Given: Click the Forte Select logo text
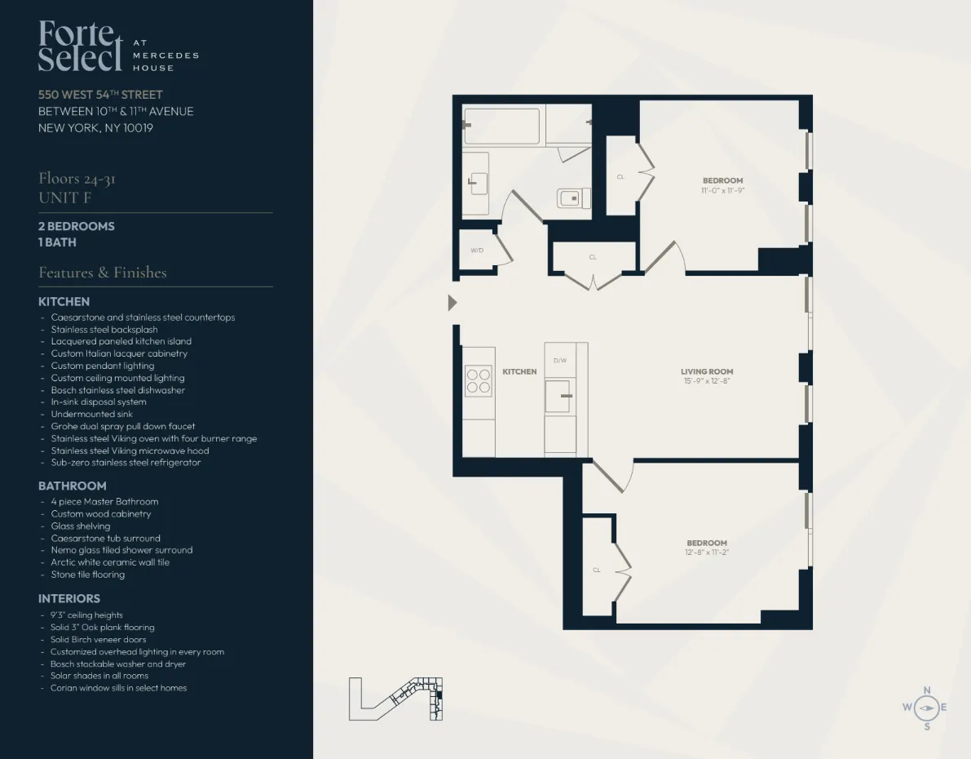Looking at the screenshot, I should click(77, 47).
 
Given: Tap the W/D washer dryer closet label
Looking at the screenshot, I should click(477, 250).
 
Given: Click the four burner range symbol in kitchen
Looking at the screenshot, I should click(479, 380).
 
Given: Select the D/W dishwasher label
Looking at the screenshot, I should click(559, 360).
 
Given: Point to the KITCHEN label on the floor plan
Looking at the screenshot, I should click(519, 371).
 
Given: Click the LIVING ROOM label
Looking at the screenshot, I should click(707, 371).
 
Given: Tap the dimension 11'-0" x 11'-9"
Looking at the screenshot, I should click(722, 190).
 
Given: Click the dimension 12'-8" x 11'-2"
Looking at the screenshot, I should click(706, 553).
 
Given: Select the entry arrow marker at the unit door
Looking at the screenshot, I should click(452, 303).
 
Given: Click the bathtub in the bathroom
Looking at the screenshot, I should click(502, 126).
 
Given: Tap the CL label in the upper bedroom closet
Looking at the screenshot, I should click(620, 176).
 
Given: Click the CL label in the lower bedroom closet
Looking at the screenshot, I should click(596, 570).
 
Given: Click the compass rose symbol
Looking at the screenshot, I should click(926, 708).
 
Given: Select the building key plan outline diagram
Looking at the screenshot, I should click(396, 698).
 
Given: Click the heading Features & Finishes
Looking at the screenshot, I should click(103, 273).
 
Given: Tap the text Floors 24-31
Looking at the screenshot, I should click(77, 179).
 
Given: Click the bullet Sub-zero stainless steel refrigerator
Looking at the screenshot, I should click(126, 462).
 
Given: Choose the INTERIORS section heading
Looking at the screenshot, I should click(69, 598).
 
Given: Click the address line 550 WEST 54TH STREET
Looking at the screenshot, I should click(100, 95).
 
